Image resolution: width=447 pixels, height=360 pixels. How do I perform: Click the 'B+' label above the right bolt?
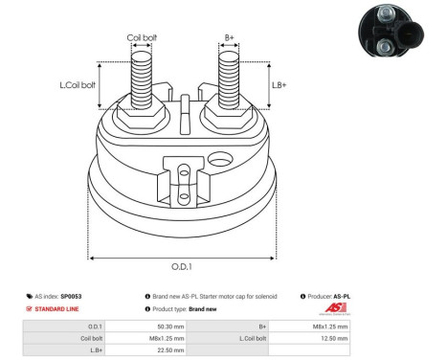pyautogui.click(x=230, y=38)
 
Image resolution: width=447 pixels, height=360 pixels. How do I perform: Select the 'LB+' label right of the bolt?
pyautogui.click(x=279, y=84)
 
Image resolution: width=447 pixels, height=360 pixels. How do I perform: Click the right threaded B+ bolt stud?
pyautogui.click(x=229, y=81)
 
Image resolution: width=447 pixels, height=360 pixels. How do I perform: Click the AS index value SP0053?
pyautogui.click(x=72, y=297)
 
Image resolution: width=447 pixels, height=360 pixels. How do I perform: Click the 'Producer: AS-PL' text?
pyautogui.click(x=328, y=297)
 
